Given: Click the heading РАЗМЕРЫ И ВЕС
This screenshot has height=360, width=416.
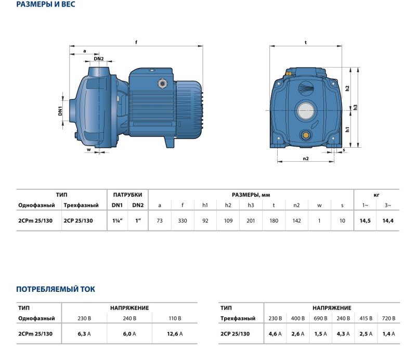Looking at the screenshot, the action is [x=46, y=4].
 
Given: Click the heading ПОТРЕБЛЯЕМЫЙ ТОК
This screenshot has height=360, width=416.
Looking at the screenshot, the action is [x=56, y=289].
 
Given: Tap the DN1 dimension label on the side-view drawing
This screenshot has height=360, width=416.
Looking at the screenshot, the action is [x=60, y=111].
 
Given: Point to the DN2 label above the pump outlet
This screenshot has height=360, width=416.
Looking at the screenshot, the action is [x=99, y=59].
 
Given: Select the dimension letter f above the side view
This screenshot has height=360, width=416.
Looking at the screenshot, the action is [x=136, y=42].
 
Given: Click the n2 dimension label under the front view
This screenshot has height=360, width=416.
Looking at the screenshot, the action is [x=306, y=159].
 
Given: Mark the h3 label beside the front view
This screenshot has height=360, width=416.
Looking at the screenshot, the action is [x=355, y=107].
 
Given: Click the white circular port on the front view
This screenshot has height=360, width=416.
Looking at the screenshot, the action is [x=306, y=110].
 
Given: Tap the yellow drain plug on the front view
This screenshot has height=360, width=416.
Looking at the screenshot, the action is [x=306, y=135].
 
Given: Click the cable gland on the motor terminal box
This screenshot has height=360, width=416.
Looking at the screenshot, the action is [x=162, y=84].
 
